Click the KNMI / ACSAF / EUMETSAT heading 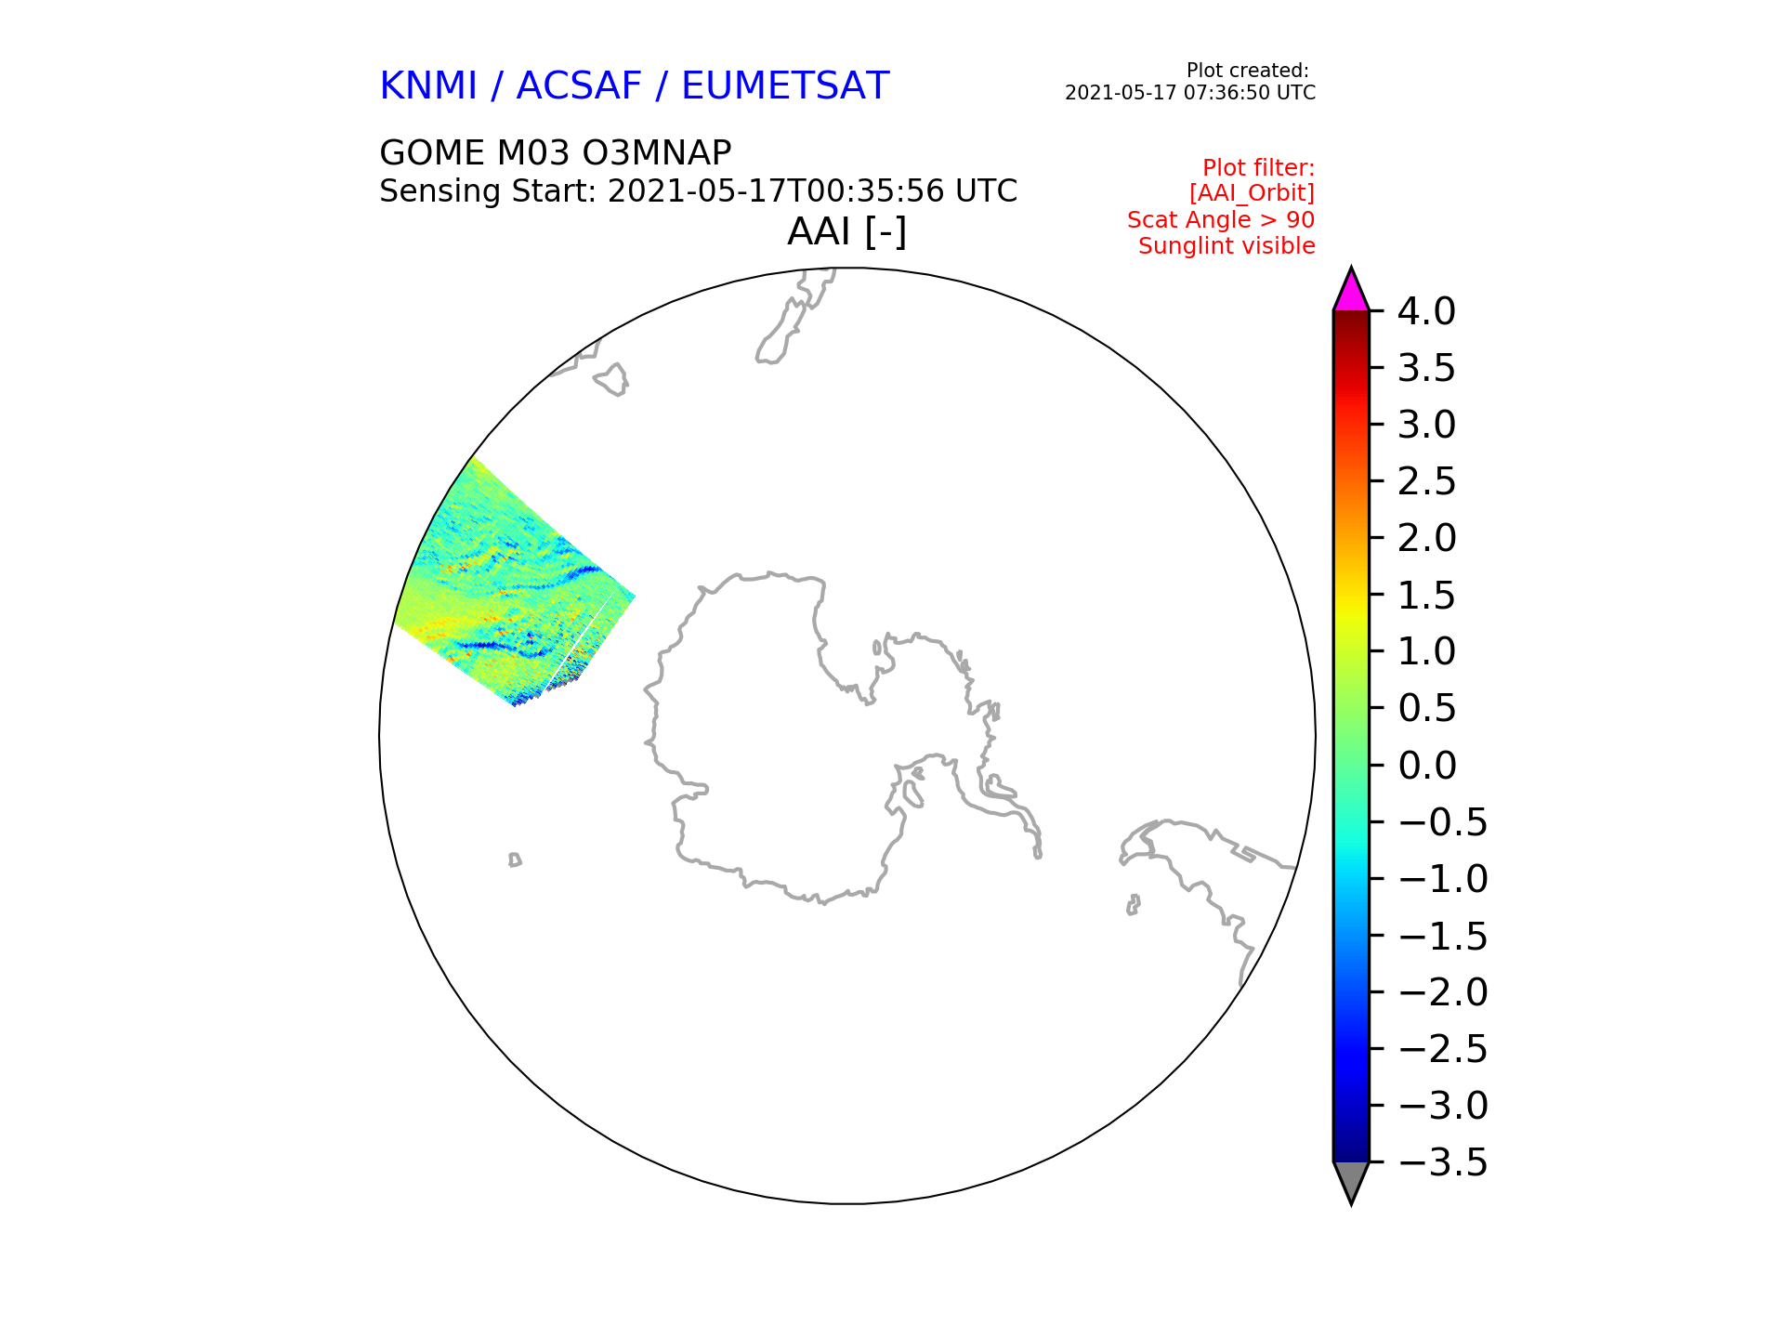pos(635,86)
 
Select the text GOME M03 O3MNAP pos(556,152)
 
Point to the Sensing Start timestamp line pos(699,191)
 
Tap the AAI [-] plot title pos(846,231)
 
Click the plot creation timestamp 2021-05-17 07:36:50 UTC pos(1190,93)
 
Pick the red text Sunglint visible pos(1226,246)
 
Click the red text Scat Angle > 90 pos(1221,220)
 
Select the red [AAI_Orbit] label pos(1252,193)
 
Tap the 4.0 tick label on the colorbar pos(1426,311)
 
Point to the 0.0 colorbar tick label pos(1426,766)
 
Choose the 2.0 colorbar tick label pos(1426,538)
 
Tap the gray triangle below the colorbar pos(1351,1179)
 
